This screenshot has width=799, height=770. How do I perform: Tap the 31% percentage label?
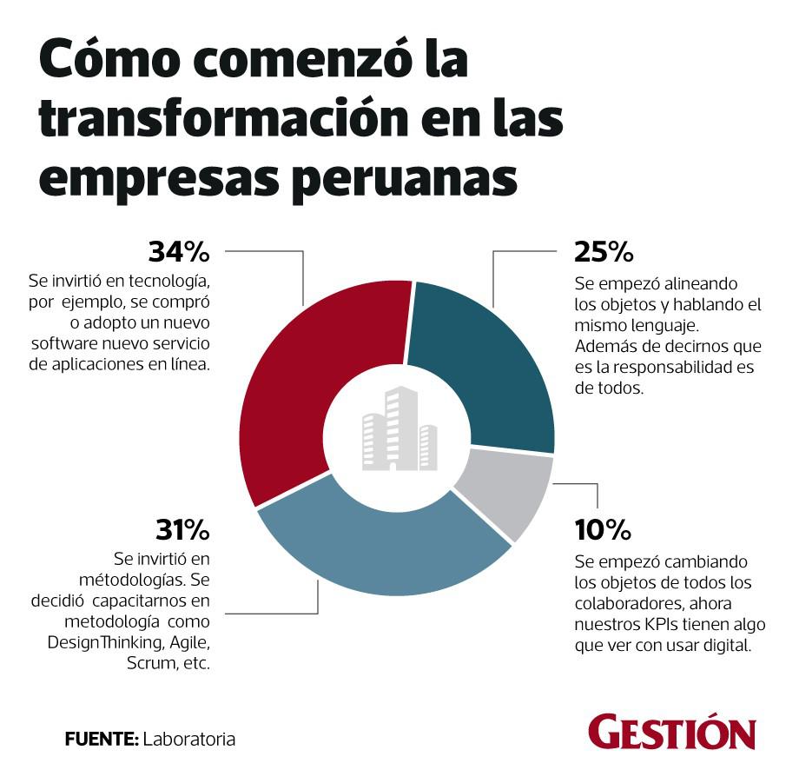(183, 528)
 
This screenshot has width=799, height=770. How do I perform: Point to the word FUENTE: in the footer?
(102, 740)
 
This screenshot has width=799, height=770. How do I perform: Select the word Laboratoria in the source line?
(188, 740)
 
